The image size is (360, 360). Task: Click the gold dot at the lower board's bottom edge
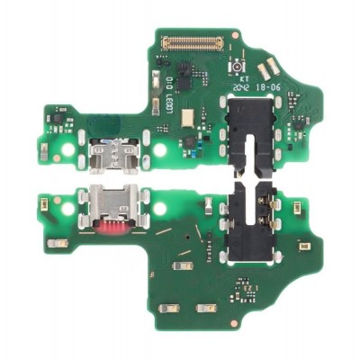(x=236, y=319)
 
